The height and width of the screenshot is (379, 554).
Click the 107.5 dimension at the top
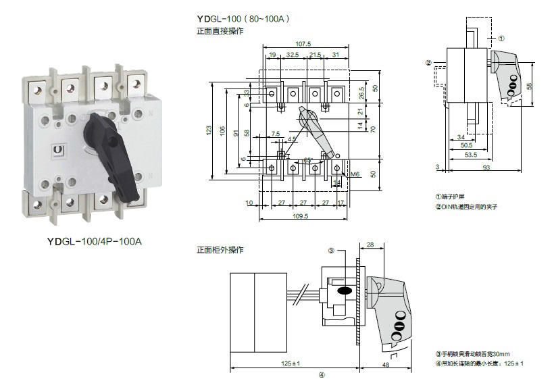303,45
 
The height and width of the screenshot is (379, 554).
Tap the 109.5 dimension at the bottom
301,216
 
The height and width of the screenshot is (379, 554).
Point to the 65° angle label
308,160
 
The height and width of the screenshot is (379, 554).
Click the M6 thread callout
355,174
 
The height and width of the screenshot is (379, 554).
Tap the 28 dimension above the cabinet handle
370,244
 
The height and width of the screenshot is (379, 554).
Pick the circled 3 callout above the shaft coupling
332,251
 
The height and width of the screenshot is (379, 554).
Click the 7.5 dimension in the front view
276,134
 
